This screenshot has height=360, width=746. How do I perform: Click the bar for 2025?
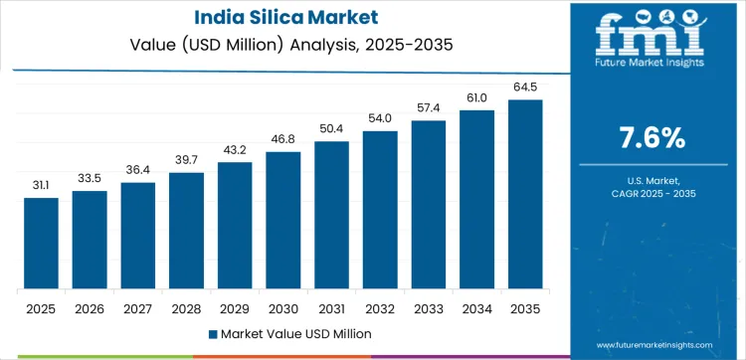[42, 244]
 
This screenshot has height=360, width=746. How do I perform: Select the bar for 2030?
[283, 221]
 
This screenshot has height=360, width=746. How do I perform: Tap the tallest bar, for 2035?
[525, 195]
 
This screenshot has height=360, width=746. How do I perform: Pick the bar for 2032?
[380, 210]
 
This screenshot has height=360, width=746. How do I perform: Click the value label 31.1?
[42, 185]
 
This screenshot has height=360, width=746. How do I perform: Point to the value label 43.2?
[235, 149]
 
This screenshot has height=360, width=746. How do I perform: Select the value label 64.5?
[525, 87]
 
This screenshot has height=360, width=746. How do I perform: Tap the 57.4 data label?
[429, 107]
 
